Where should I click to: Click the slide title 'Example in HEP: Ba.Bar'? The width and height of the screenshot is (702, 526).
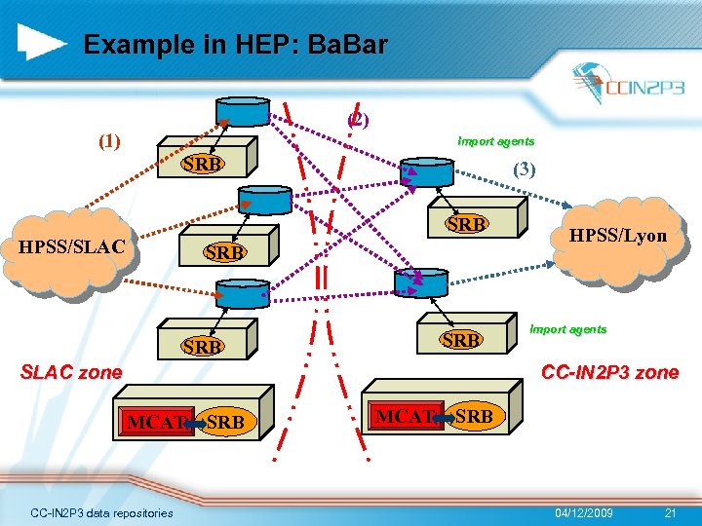(235, 45)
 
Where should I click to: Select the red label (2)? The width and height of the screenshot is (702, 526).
(358, 120)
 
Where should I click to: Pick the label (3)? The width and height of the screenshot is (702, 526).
(524, 169)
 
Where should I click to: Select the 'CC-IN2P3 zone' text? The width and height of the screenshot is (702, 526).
(609, 373)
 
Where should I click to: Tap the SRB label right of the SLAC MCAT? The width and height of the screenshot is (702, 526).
(226, 423)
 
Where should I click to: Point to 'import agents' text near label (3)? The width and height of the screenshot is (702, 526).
(495, 141)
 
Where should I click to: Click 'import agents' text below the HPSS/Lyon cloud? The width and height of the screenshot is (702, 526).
(567, 329)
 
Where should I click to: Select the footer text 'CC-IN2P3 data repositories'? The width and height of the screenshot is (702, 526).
(101, 512)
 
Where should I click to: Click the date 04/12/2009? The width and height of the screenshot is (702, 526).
(584, 512)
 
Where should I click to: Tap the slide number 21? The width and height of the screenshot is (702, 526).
(669, 512)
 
